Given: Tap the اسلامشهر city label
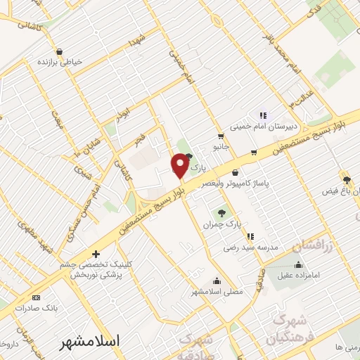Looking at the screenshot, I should click(89, 340).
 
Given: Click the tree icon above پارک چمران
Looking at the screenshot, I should click(222, 212).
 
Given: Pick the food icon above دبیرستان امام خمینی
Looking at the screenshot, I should click(262, 116).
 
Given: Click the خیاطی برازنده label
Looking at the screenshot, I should click(59, 62).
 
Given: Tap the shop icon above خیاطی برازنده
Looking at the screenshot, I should click(59, 51).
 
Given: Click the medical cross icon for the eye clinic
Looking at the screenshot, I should click(96, 253).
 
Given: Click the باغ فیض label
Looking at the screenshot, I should click(339, 191).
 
